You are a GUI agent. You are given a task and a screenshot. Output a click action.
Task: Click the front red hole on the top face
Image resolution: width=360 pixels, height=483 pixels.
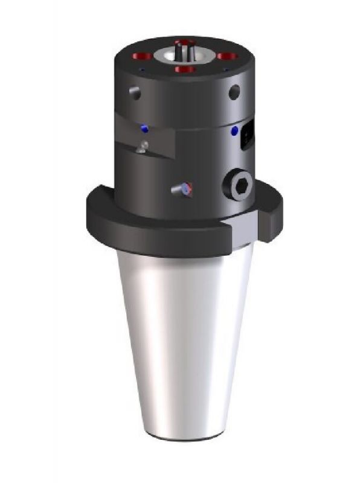pos(185,69)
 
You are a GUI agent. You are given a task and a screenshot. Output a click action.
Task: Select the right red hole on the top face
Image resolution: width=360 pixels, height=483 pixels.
pos(227,56)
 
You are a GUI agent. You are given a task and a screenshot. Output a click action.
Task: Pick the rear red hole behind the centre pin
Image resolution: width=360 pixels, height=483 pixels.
pos(184,43)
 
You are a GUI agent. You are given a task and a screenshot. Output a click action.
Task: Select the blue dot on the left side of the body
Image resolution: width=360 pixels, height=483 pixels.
pos(144,129)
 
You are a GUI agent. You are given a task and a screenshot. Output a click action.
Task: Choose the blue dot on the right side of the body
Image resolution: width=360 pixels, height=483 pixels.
pos(234,130)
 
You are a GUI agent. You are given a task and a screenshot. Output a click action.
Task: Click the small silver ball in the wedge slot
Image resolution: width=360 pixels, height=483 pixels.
pos(143,146)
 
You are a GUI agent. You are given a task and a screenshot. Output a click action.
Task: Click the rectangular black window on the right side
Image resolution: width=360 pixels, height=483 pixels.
pos(246,137)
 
